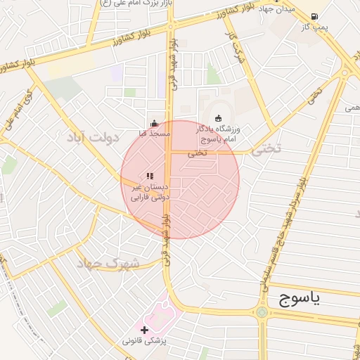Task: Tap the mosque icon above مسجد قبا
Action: (154, 124)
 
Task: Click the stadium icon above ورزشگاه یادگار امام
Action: (218, 117)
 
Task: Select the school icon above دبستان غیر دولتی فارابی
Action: (149, 175)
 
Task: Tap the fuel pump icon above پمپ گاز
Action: (314, 16)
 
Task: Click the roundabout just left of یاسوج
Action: (261, 311)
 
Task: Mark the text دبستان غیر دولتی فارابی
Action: (150, 193)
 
